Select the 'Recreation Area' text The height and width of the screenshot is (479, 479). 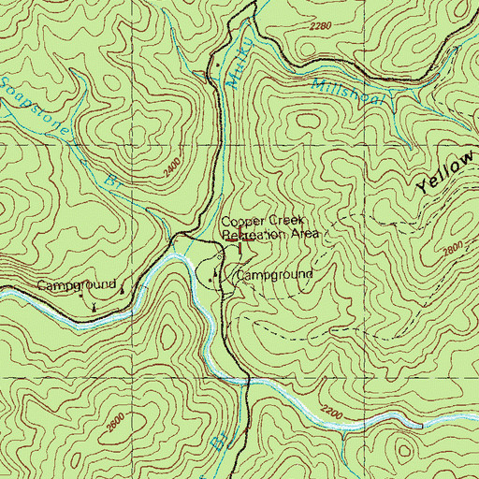[271, 236]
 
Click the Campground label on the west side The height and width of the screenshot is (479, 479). [77, 284]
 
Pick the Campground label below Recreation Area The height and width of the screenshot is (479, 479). [273, 276]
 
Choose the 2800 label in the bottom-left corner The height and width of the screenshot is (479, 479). [112, 423]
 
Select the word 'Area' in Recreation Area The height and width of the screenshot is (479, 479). [304, 235]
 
